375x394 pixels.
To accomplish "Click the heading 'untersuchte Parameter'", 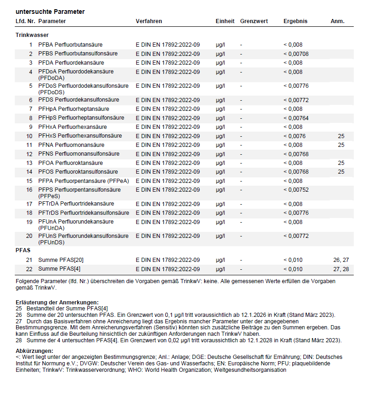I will (50, 12).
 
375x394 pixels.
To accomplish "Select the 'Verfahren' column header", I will (149, 21).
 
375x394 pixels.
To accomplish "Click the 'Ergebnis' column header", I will (295, 21).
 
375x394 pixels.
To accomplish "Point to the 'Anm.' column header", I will (338, 21).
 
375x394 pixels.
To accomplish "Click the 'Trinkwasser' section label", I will (32, 35).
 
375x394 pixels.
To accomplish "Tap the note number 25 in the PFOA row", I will (341, 163).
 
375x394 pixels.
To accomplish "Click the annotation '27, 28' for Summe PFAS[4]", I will (341, 269).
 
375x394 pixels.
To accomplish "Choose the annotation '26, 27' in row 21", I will (341, 260).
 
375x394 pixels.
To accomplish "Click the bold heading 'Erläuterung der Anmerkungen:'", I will (57, 302).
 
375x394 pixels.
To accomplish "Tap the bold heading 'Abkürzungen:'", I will (34, 351).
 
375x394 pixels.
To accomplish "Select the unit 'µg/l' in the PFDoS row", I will (220, 86).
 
